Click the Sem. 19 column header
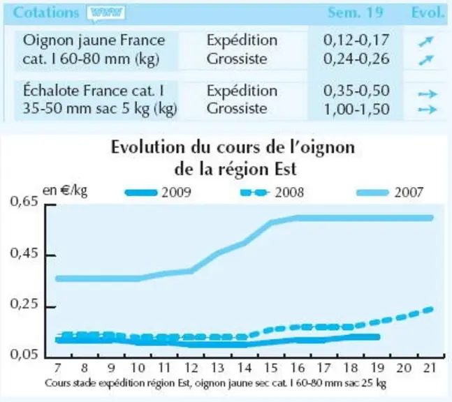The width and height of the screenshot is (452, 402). tap(355, 13)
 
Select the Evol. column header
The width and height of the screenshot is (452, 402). tap(428, 13)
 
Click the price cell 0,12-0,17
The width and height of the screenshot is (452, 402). tap(356, 40)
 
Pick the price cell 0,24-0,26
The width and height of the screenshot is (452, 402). tap(356, 59)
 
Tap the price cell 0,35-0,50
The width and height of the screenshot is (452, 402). tap(356, 91)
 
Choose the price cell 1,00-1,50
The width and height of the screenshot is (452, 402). tap(357, 109)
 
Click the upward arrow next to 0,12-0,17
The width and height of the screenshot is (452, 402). tap(426, 41)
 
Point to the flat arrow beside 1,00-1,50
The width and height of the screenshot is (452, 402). tap(428, 110)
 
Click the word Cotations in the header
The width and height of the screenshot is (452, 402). tap(46, 13)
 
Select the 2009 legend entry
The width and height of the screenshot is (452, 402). tap(158, 193)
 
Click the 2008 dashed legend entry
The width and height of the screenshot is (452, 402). tap(272, 193)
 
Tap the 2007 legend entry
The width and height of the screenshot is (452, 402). tap(390, 193)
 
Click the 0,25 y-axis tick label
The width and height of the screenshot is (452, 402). tap(24, 304)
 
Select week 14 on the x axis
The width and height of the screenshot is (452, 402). tap(244, 368)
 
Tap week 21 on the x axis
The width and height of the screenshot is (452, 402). tap(430, 368)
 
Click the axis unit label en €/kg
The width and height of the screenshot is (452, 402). tap(65, 191)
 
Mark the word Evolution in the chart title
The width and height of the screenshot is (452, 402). tap(148, 147)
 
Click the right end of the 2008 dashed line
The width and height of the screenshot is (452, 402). tap(432, 309)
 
